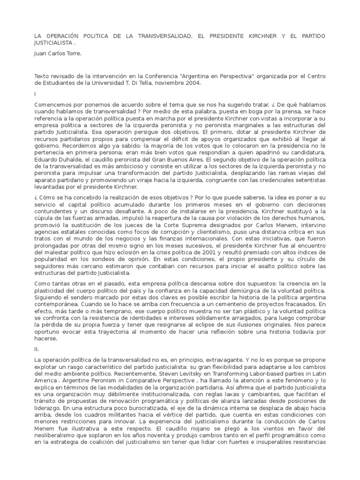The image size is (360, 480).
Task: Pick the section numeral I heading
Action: pos(36,94)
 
